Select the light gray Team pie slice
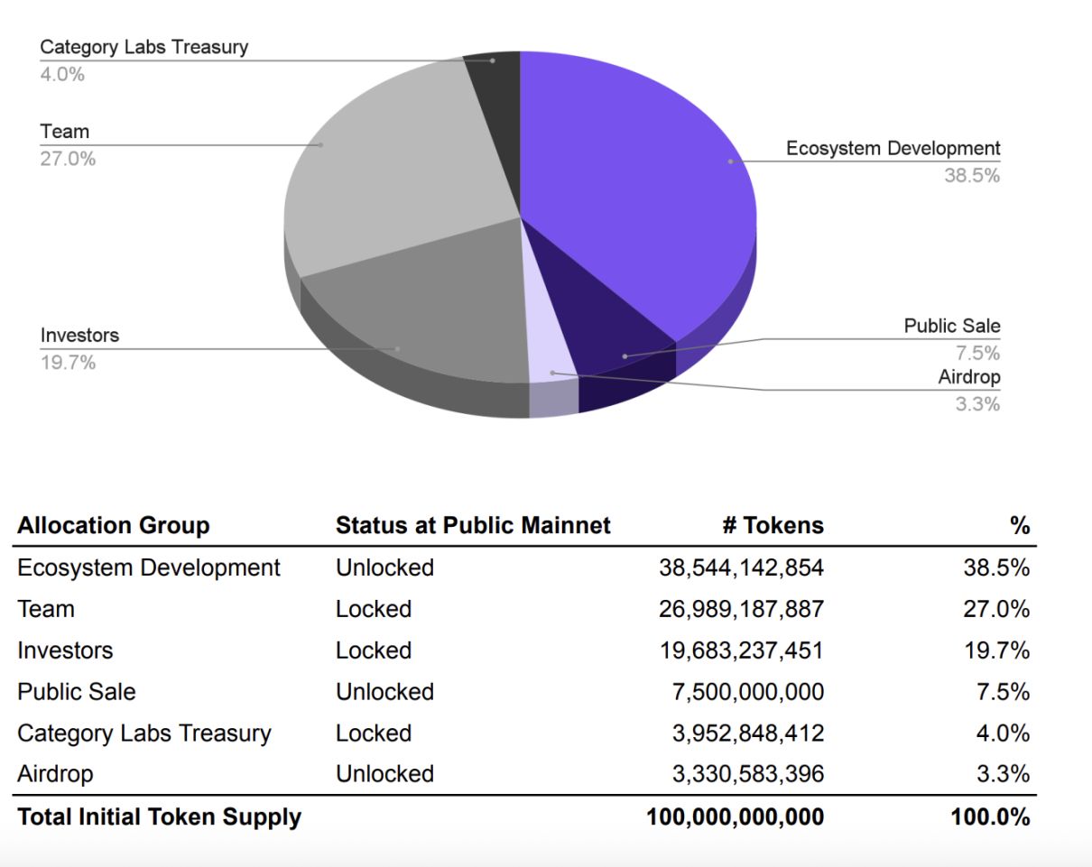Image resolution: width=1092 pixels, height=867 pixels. [397, 153]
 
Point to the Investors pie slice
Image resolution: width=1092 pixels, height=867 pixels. [415, 307]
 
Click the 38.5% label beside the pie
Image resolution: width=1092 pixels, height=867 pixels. [972, 176]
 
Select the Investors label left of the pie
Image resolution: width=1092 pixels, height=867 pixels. [79, 336]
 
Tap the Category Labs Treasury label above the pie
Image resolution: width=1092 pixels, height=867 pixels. [143, 47]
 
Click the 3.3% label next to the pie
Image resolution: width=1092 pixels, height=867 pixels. [977, 404]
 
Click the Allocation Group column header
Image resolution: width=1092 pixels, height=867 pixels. [113, 526]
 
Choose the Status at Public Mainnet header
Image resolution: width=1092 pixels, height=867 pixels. [473, 526]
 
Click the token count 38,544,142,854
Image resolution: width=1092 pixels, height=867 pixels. [741, 568]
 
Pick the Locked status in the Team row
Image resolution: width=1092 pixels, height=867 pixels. [374, 610]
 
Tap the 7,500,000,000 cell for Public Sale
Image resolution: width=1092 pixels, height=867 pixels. [748, 692]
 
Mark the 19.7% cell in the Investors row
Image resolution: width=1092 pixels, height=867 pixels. [996, 650]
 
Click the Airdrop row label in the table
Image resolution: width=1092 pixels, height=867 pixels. [55, 774]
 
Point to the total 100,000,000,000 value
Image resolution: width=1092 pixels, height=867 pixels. [735, 817]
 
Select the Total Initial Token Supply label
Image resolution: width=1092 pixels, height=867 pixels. [159, 817]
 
